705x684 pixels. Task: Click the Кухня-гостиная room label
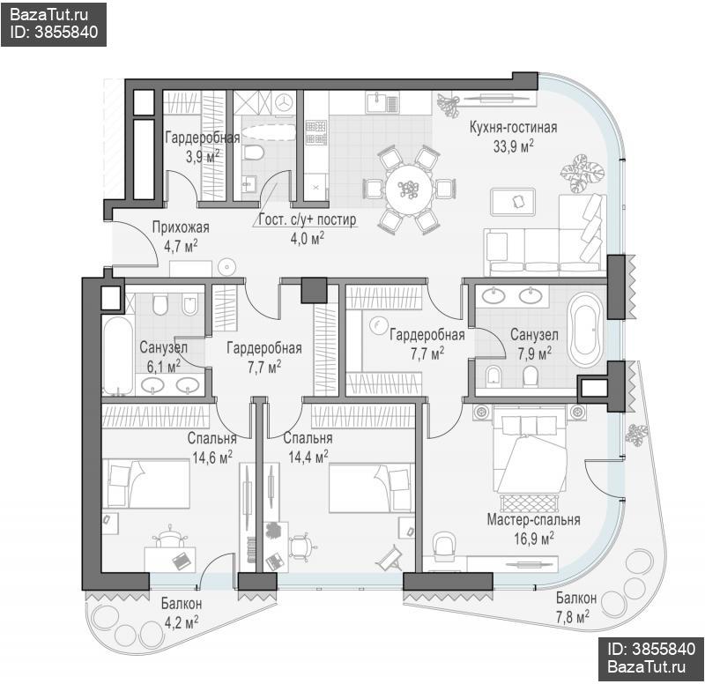click(x=513, y=127)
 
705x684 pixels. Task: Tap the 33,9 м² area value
click(x=513, y=146)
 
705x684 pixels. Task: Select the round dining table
click(x=409, y=189)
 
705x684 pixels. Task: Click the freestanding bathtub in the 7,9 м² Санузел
click(x=584, y=331)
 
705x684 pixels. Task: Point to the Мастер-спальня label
click(x=534, y=520)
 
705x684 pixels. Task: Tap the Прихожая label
click(x=181, y=227)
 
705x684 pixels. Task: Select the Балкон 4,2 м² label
click(x=182, y=613)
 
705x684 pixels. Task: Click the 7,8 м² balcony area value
click(x=572, y=617)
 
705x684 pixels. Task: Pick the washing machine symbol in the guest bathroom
click(x=284, y=102)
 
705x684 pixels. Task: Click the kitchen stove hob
click(x=315, y=132)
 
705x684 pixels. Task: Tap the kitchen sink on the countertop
click(x=382, y=102)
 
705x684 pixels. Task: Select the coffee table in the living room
click(x=513, y=202)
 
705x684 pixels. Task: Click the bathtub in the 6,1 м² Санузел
click(x=118, y=355)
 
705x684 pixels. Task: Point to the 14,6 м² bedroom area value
click(x=212, y=457)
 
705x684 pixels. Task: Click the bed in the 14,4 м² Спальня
click(x=372, y=488)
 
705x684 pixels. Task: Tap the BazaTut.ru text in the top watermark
click(x=48, y=14)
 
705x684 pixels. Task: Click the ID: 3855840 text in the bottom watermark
click(x=651, y=649)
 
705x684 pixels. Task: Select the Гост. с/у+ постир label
click(x=308, y=219)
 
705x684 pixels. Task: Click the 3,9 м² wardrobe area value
click(x=203, y=157)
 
